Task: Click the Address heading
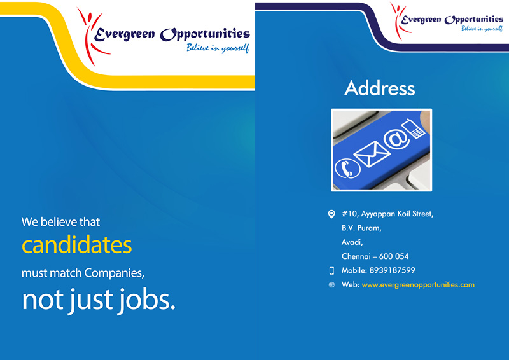[379, 88]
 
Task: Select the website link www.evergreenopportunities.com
[418, 285]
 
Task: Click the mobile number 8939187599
[392, 270]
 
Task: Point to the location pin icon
[331, 214]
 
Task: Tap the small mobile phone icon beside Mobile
[331, 270]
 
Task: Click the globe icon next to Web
[331, 285]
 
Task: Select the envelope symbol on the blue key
[372, 155]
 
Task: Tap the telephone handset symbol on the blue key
[347, 168]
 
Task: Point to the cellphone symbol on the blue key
[413, 128]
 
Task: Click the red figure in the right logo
[400, 20]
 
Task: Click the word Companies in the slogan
[114, 273]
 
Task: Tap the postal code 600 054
[394, 256]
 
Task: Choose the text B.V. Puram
[361, 228]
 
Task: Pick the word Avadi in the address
[352, 242]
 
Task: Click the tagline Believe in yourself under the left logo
[218, 48]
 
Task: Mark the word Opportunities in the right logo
[474, 20]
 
